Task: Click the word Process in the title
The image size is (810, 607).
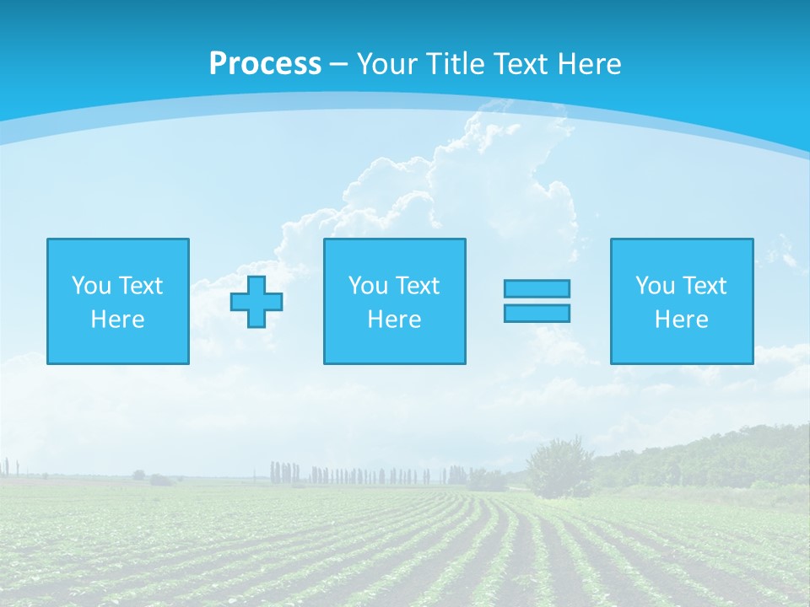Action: coord(265,64)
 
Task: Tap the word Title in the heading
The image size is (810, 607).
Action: coord(454,64)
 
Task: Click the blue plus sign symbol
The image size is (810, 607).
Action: coord(256,302)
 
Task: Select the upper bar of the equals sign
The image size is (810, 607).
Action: coord(537,288)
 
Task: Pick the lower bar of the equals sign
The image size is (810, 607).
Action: coord(537,313)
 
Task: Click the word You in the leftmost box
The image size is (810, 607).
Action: coord(91,286)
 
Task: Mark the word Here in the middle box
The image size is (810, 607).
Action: coord(395,320)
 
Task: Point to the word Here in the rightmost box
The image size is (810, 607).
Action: coord(682,320)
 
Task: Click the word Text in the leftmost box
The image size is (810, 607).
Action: coord(141,286)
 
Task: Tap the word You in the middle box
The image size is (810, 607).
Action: coord(368,286)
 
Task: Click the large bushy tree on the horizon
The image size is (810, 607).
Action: coord(559,464)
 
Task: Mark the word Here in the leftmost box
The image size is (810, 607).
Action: coord(118,320)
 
